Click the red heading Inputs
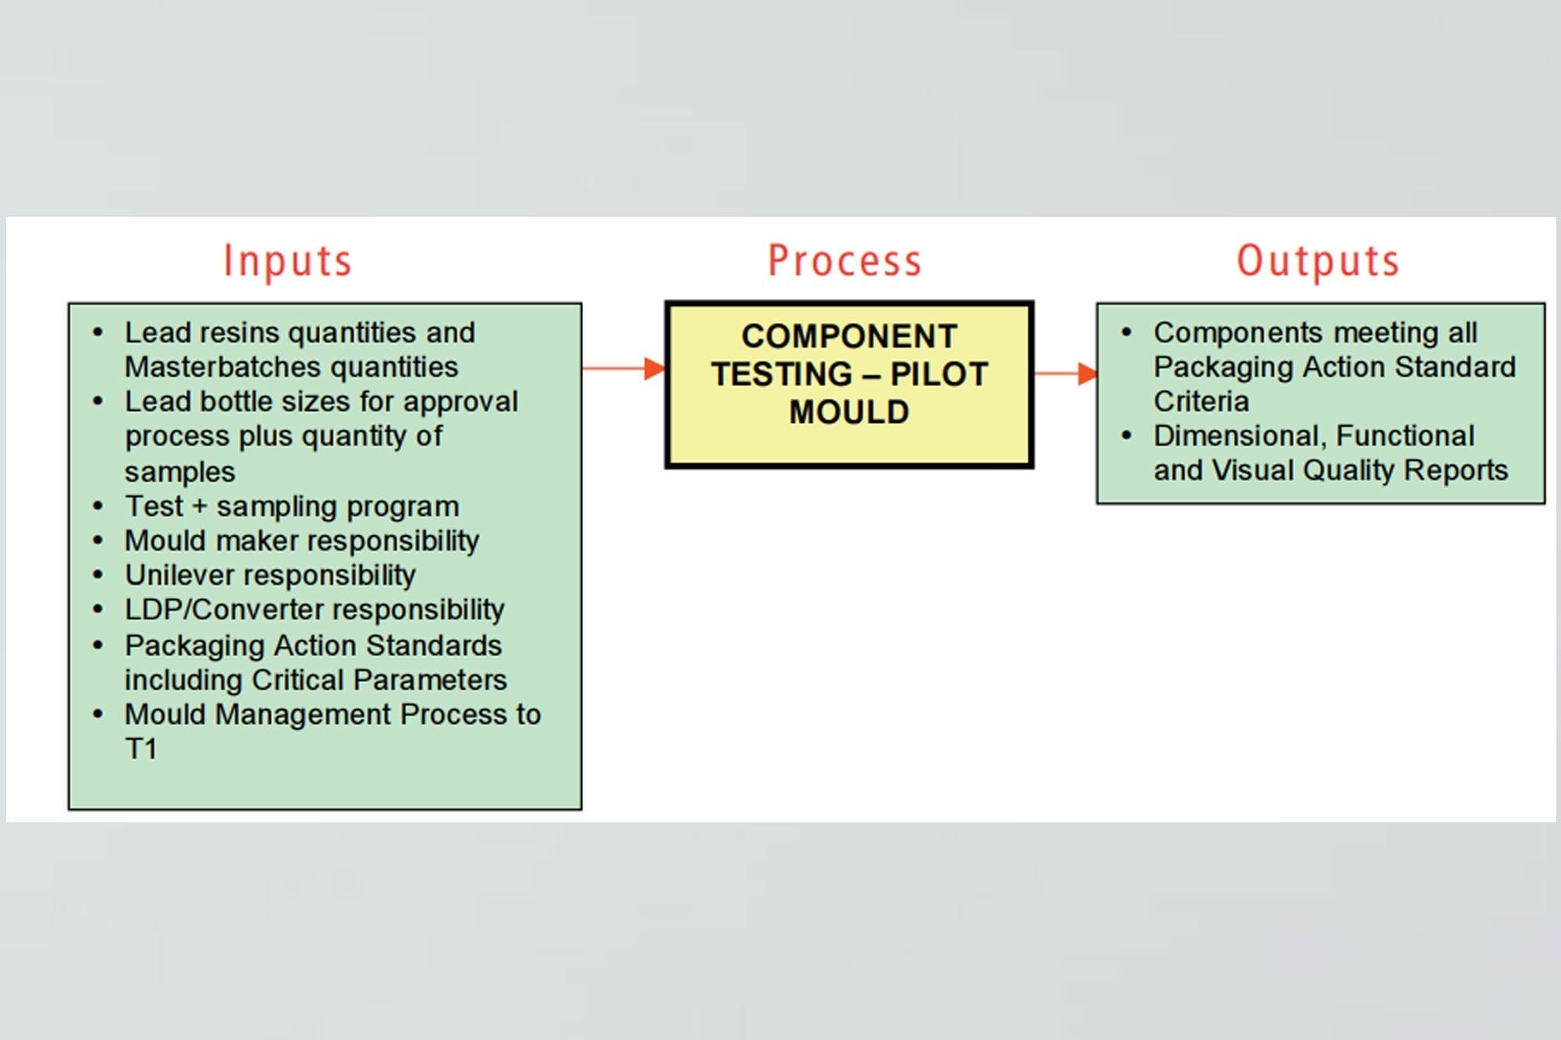click(x=287, y=261)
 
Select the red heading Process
click(x=845, y=261)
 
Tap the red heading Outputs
click(x=1318, y=261)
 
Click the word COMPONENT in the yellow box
click(x=849, y=336)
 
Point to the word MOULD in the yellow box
click(x=849, y=412)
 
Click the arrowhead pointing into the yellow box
click(x=654, y=368)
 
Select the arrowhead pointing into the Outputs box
click(x=1086, y=374)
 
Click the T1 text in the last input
click(x=141, y=749)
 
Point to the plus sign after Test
click(x=200, y=506)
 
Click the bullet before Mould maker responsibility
click(x=98, y=540)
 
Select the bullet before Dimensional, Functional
click(x=1126, y=435)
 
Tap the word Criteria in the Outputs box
click(x=1201, y=401)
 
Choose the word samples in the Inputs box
click(x=180, y=472)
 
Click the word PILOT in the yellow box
click(x=939, y=374)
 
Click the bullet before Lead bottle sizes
click(x=98, y=401)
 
